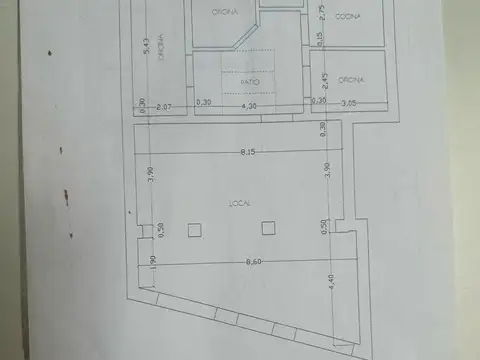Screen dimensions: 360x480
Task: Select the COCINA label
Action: point(348,17)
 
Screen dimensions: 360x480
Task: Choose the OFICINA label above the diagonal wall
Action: point(224,12)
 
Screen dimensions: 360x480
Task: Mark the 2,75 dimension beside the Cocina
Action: point(322,13)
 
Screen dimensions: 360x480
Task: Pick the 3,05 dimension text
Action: point(350,103)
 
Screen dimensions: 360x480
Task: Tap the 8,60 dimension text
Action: point(241,261)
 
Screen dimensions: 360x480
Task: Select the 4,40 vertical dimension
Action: point(332,283)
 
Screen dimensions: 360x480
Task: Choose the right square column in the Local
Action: point(267,228)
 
